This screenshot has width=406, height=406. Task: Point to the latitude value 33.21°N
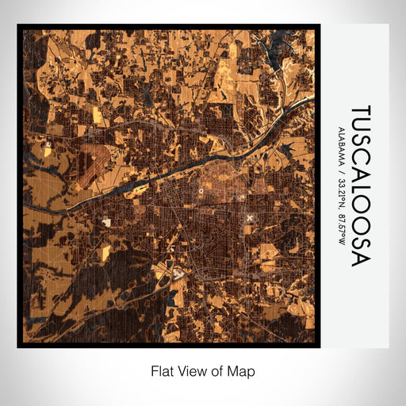[x=341, y=195]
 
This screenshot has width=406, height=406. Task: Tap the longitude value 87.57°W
[x=341, y=229]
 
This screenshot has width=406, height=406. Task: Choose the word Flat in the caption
[x=161, y=370]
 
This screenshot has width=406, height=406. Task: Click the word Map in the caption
[x=243, y=370]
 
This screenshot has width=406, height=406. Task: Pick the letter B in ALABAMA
[x=341, y=145]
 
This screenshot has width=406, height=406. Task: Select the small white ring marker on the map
[x=201, y=191]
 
